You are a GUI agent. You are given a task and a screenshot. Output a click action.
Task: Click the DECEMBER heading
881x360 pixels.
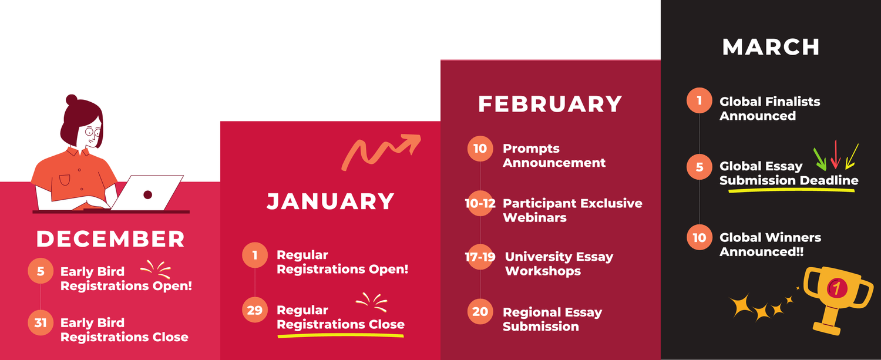pyautogui.click(x=110, y=239)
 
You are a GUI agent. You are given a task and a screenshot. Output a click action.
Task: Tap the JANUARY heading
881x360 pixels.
pyautogui.click(x=330, y=201)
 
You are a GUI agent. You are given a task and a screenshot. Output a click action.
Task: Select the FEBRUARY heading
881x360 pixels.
pyautogui.click(x=550, y=104)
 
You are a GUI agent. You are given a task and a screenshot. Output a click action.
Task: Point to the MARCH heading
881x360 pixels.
pyautogui.click(x=771, y=47)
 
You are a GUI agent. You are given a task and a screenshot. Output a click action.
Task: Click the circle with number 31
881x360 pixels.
pyautogui.click(x=40, y=323)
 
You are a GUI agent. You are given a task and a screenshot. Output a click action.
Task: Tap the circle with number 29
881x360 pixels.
pyautogui.click(x=254, y=310)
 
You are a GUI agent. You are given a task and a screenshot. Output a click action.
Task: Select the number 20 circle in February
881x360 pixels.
pyautogui.click(x=480, y=312)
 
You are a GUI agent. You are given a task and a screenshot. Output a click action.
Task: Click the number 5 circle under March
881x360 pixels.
pyautogui.click(x=699, y=167)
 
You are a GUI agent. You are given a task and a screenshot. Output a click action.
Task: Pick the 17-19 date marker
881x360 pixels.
pyautogui.click(x=480, y=257)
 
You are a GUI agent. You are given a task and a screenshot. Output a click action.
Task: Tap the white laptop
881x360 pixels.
pyautogui.click(x=147, y=193)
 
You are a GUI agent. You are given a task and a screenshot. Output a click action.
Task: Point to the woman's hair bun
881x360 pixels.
pyautogui.click(x=72, y=100)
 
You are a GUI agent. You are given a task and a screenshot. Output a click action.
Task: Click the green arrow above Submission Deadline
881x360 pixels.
pyautogui.click(x=820, y=157)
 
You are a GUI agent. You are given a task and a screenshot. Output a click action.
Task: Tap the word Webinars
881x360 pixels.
pyautogui.click(x=534, y=217)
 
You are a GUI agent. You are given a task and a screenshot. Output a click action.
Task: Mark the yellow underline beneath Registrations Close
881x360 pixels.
pyautogui.click(x=341, y=336)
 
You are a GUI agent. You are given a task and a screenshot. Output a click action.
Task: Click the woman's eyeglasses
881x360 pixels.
pyautogui.click(x=92, y=132)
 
